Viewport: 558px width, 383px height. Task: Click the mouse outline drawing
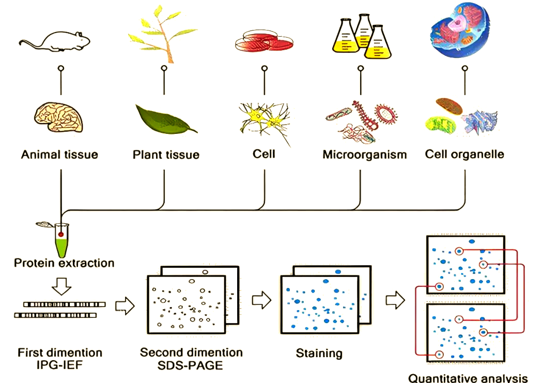point(56,41)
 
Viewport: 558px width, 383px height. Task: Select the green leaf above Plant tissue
point(165,119)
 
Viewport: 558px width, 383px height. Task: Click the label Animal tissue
point(59,154)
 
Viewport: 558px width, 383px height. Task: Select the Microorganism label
point(365,155)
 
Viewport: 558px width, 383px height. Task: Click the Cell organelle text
point(464,154)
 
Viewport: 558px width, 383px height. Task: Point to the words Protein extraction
point(64,263)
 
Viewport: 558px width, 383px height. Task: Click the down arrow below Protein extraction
point(61,284)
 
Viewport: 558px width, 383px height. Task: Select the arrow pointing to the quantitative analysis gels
point(395,300)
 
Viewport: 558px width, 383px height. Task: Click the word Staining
point(319,354)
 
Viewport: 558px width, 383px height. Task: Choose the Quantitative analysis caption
point(468,378)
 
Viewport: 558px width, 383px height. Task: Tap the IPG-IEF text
point(60,365)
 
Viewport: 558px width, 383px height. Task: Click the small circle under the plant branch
point(164,68)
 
